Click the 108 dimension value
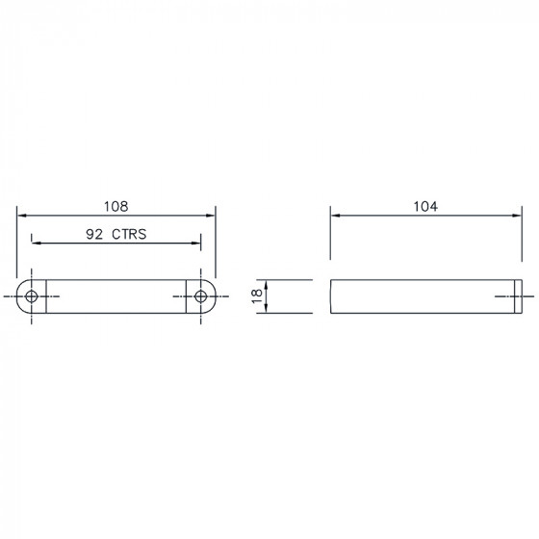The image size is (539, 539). (116, 206)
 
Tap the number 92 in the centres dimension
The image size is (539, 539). (94, 234)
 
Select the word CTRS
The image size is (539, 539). (129, 234)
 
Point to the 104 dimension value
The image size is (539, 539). (425, 206)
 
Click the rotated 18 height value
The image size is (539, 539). (257, 296)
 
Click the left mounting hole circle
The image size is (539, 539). (32, 296)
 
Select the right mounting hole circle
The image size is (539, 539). (201, 296)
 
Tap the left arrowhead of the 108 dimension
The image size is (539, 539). (21, 216)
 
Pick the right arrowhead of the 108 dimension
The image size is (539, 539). (211, 216)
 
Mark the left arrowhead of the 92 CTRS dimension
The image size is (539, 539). (37, 243)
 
